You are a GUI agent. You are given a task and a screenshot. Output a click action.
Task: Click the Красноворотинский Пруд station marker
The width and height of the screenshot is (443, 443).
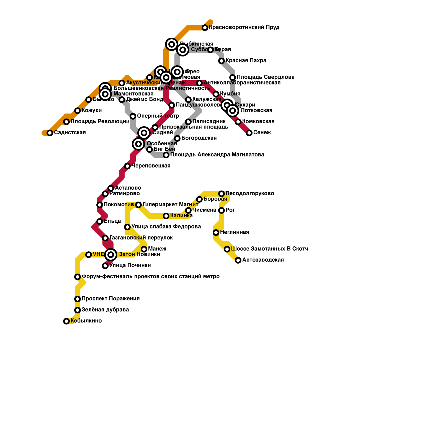[205, 28]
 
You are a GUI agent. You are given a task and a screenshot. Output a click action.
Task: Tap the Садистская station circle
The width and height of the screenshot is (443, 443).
[50, 133]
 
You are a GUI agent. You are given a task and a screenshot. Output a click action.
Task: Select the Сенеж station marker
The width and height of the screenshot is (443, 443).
[249, 133]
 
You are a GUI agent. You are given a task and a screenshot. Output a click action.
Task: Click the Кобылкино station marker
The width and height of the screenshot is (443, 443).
[66, 321]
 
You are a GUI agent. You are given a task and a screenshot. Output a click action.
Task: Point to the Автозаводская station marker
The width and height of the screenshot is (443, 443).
[238, 260]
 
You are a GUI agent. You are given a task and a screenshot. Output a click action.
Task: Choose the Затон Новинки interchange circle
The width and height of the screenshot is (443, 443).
[111, 255]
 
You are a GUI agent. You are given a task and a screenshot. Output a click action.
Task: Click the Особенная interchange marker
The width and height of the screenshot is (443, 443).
[138, 144]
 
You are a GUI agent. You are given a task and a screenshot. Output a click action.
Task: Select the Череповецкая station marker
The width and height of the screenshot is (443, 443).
[127, 166]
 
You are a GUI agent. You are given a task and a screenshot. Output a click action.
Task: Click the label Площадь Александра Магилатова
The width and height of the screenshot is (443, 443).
[217, 155]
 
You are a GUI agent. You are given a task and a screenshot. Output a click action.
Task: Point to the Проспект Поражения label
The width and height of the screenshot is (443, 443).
[110, 299]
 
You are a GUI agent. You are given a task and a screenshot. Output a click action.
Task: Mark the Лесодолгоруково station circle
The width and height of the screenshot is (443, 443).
[221, 194]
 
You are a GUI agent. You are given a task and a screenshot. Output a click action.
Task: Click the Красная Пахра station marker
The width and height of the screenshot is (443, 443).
[221, 61]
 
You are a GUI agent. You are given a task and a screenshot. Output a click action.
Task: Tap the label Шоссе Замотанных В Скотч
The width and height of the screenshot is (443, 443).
[269, 249]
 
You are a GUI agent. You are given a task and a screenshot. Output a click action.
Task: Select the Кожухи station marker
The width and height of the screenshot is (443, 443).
[78, 111]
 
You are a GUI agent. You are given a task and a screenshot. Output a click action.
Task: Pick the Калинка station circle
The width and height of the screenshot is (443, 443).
[166, 216]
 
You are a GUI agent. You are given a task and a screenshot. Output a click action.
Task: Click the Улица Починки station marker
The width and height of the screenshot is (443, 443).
[105, 266]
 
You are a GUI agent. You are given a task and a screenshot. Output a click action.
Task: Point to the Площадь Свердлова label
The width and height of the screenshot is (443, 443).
[265, 77]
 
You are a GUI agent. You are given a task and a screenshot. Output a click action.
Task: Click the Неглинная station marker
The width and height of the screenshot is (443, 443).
[216, 233]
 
